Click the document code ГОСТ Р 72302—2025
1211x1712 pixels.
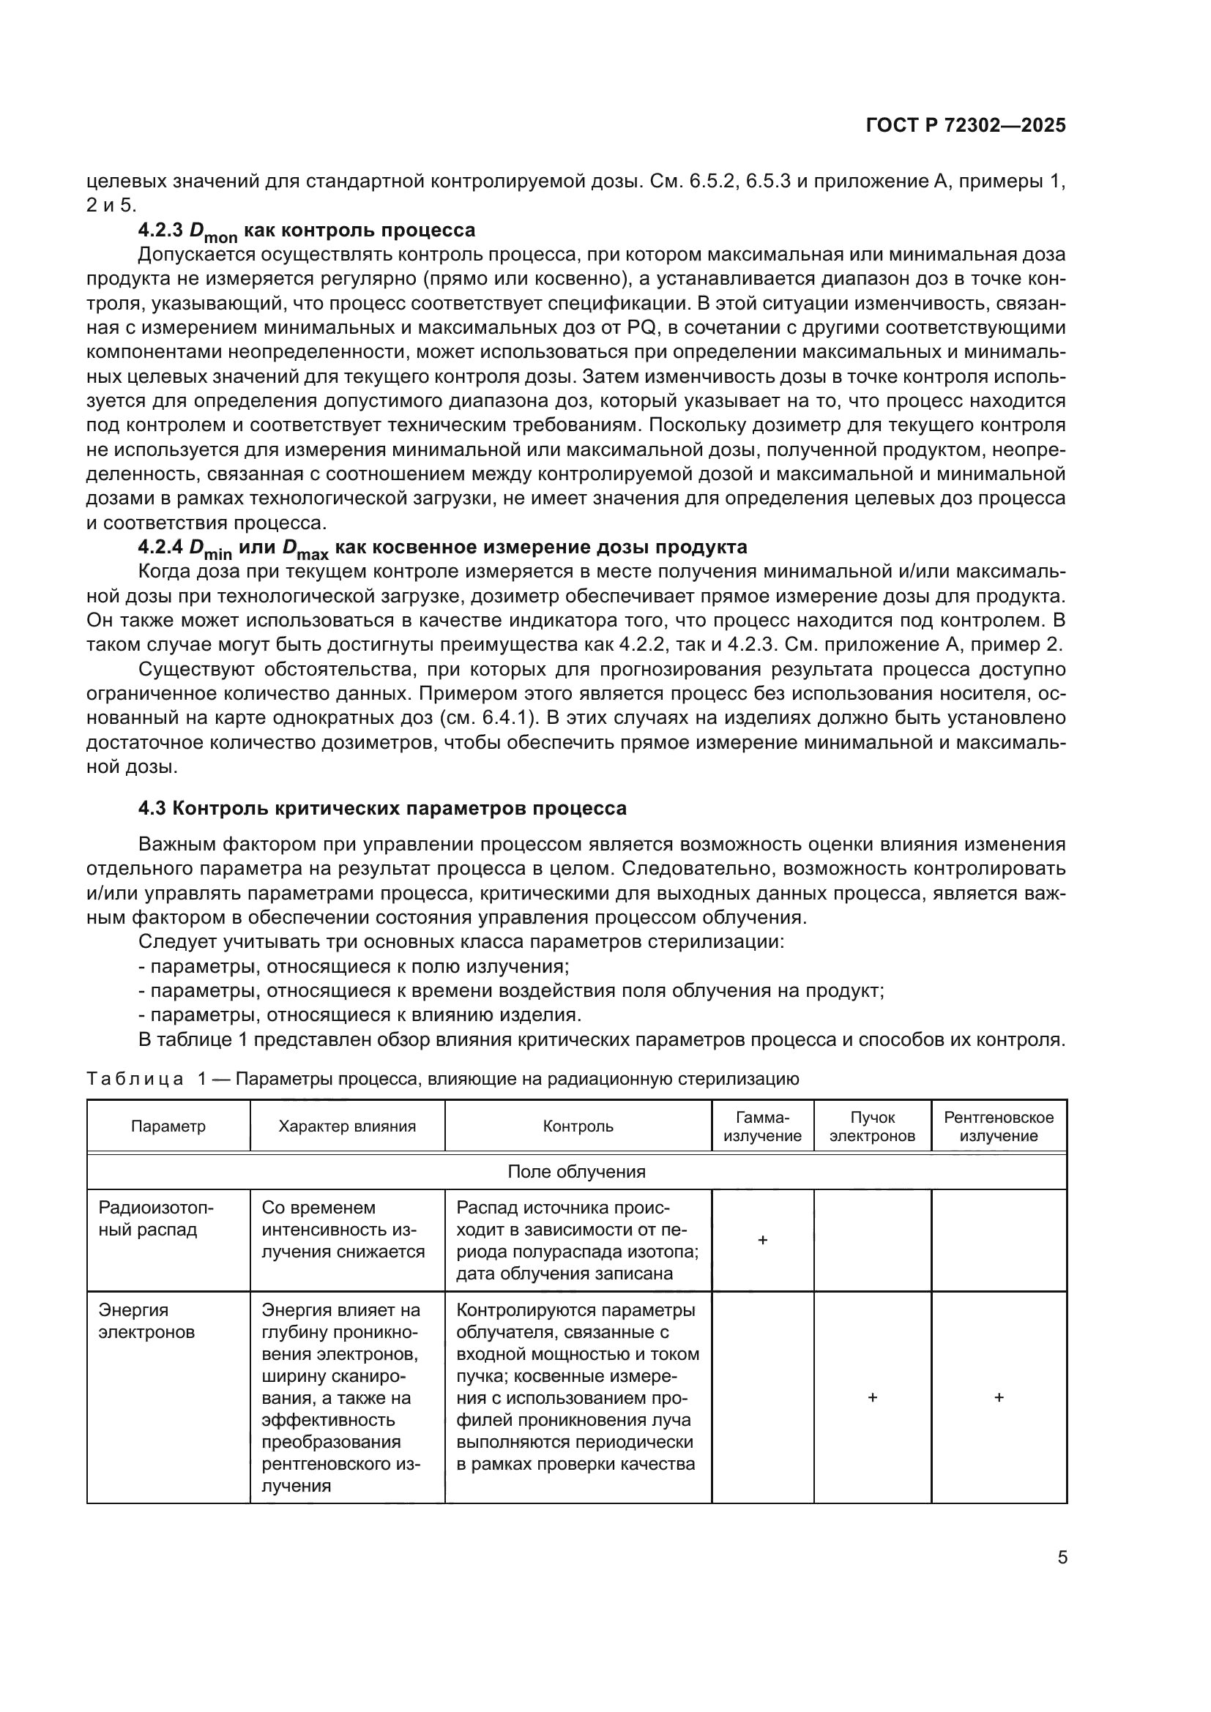coord(966,125)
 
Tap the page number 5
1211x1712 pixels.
coord(1062,1557)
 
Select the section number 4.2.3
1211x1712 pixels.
coord(160,230)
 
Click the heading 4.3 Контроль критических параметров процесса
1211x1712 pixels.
coord(381,807)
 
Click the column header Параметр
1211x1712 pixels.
coord(168,1126)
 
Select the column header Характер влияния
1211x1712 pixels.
coord(347,1126)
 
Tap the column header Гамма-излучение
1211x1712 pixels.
coord(762,1126)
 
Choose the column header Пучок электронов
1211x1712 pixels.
coord(872,1126)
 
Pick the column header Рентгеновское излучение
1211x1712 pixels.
coord(999,1126)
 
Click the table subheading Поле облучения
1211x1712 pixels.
coord(575,1171)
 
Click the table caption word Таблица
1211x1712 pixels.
coord(135,1079)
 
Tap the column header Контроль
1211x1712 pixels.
coord(578,1126)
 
